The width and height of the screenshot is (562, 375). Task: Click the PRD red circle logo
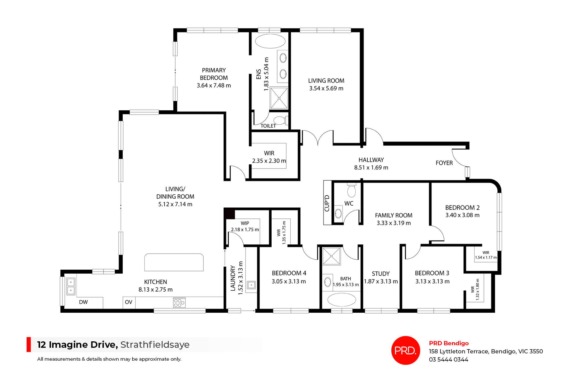tap(405, 350)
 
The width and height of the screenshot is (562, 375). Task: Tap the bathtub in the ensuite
tap(270, 41)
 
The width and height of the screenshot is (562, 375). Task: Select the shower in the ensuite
tap(279, 98)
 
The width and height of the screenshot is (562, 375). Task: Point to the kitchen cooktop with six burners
tap(179, 302)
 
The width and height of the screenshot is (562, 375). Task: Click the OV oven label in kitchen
tap(128, 302)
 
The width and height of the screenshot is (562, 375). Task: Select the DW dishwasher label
tap(83, 302)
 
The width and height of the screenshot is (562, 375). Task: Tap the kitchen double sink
tap(71, 286)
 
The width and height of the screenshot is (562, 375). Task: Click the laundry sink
tap(251, 285)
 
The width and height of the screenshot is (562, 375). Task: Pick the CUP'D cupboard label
tap(327, 203)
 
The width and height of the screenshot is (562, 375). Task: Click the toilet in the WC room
tap(351, 191)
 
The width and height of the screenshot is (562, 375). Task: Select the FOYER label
tap(444, 163)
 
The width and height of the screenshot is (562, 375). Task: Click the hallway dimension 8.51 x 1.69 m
tap(371, 168)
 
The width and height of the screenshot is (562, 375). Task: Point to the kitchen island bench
tap(174, 262)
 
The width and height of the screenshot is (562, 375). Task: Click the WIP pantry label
tap(245, 223)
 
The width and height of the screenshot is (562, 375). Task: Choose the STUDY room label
tap(381, 274)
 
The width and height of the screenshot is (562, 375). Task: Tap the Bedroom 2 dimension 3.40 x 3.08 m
tap(462, 215)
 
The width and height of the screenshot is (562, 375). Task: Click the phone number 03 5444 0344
tap(448, 359)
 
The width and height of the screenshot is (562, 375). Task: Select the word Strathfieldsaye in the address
tap(155, 345)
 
